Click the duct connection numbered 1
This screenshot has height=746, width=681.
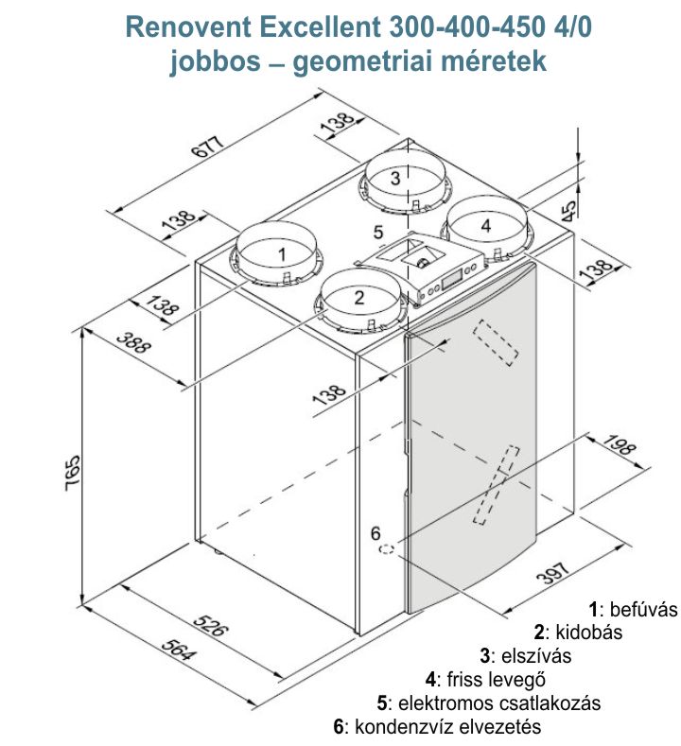(x=281, y=253)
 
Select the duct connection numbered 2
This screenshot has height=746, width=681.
(x=358, y=296)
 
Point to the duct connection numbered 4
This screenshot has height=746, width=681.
(x=485, y=225)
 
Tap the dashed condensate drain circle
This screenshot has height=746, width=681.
(x=388, y=548)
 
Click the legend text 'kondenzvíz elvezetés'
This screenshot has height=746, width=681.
(x=445, y=727)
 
